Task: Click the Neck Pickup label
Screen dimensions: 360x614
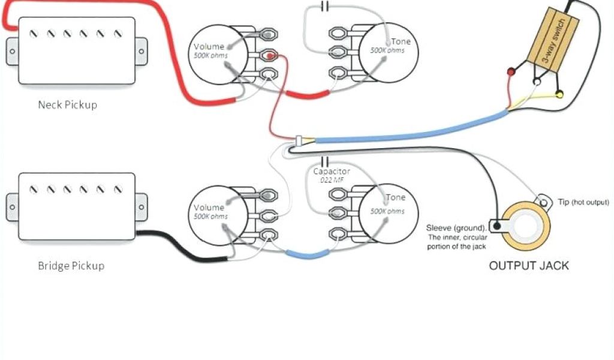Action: point(67,105)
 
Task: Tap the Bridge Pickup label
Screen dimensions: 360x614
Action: point(71,265)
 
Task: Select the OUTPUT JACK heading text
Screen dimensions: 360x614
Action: point(529,265)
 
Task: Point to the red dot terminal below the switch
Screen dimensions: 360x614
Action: point(511,72)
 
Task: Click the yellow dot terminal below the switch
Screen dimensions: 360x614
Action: point(559,94)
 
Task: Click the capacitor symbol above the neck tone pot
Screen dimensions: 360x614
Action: point(325,7)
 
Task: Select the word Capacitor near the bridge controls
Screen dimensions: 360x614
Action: point(332,172)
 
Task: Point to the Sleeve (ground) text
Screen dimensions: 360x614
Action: point(456,228)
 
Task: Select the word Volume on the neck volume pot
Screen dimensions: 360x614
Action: point(209,47)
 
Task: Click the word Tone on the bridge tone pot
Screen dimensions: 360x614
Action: point(395,198)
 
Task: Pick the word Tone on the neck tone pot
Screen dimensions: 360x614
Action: point(401,42)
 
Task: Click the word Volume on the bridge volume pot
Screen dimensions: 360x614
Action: point(209,208)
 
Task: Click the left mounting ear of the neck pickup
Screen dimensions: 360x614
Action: point(13,50)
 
